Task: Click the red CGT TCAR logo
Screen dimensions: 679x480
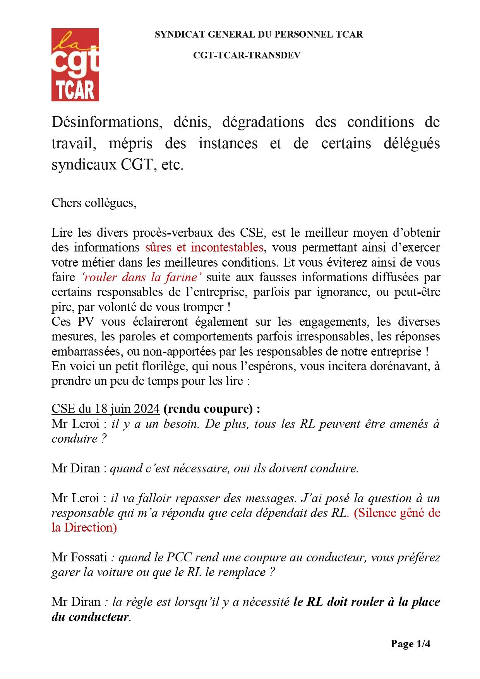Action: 75,65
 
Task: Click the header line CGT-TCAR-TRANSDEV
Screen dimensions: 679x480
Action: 247,55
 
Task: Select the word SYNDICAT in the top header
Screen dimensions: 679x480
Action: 175,34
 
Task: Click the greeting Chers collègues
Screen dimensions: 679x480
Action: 94,203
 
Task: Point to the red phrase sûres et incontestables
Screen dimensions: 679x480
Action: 205,247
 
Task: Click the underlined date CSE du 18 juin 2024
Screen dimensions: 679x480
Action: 105,409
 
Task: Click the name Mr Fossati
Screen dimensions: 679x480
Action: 79,558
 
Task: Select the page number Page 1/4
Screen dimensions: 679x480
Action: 410,644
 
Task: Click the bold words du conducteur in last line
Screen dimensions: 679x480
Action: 90,617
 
